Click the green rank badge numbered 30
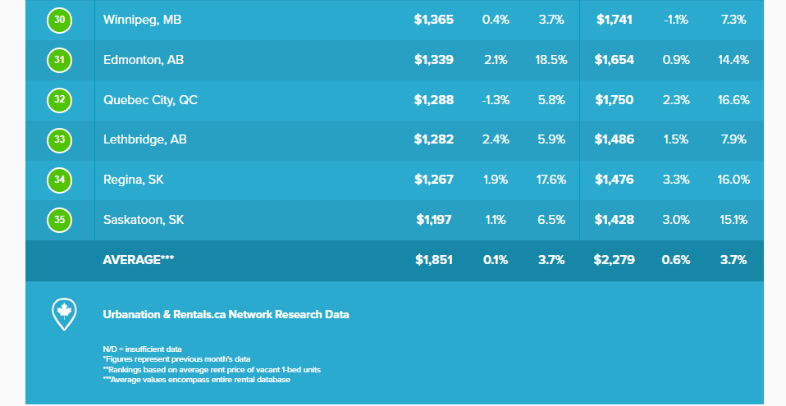[60, 20]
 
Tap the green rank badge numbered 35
[60, 220]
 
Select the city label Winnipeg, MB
[142, 20]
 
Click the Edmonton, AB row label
[144, 60]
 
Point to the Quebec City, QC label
[150, 100]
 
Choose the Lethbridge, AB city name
[145, 139]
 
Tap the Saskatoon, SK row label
[144, 220]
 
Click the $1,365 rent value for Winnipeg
[434, 20]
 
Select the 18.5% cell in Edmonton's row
[551, 60]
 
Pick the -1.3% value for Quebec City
[496, 100]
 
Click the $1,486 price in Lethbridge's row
[615, 139]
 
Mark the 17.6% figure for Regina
[551, 180]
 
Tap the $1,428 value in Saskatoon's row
[615, 220]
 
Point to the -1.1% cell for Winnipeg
[675, 20]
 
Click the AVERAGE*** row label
[139, 260]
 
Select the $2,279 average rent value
[614, 260]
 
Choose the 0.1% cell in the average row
[496, 260]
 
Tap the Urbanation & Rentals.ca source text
[226, 314]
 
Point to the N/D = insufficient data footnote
[142, 349]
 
